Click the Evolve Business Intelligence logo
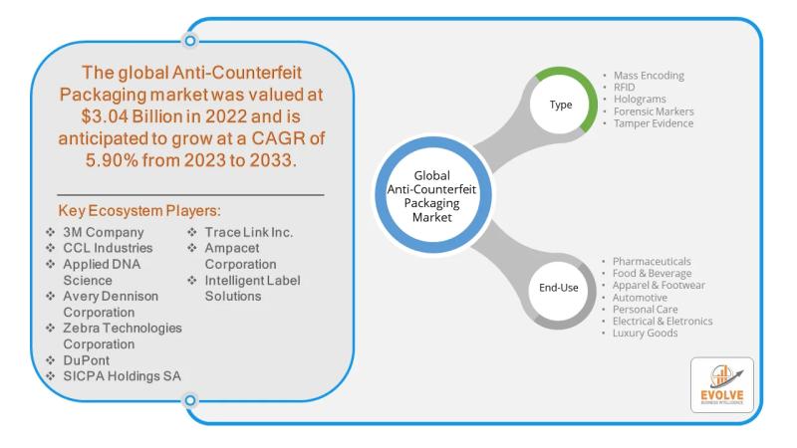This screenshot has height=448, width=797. [x=721, y=385]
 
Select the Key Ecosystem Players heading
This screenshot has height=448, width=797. [x=138, y=213]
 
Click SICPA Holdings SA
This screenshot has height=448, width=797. [x=119, y=375]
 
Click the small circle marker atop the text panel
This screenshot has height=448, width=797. [x=189, y=41]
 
